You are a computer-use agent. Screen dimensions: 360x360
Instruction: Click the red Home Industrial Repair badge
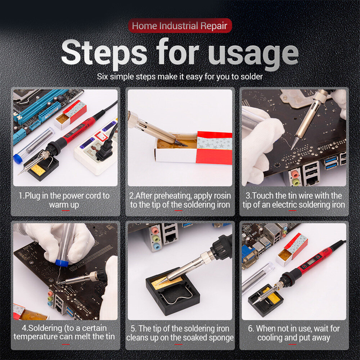point(180,26)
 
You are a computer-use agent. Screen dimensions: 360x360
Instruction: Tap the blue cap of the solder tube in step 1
point(17,159)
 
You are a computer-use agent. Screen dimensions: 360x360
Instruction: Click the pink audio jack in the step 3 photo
point(294,174)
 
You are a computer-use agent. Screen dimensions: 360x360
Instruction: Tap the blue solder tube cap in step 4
point(62,263)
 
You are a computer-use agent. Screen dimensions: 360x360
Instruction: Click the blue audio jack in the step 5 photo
point(157,247)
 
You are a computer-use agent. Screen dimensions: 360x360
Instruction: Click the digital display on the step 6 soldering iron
point(312,261)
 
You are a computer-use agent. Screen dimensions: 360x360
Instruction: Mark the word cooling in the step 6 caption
point(270,338)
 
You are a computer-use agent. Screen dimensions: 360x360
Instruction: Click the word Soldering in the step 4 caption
point(45,328)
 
